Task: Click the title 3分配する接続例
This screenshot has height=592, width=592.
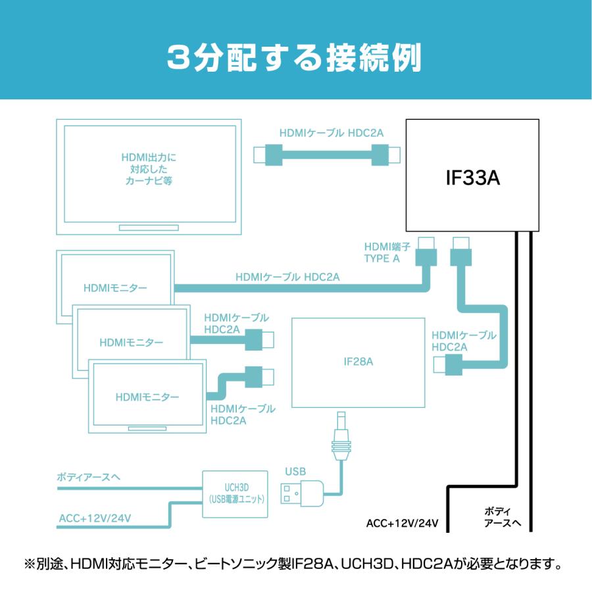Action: click(294, 59)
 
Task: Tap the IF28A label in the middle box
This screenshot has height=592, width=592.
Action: click(358, 361)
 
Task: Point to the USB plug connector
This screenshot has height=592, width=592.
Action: click(302, 493)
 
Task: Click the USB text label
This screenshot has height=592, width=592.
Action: click(295, 471)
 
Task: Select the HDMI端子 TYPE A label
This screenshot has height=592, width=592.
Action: click(386, 253)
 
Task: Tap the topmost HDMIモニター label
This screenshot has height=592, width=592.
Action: click(116, 287)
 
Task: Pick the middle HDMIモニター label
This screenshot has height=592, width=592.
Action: click(132, 342)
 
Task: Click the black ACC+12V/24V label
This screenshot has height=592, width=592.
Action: click(402, 524)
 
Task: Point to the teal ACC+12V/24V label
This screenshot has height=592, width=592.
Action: click(95, 518)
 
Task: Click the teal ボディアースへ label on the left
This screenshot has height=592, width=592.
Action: click(89, 476)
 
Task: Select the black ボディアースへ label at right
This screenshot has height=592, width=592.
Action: click(503, 518)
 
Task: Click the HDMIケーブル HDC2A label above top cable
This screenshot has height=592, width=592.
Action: click(332, 133)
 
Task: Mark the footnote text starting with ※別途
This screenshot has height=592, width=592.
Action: click(295, 564)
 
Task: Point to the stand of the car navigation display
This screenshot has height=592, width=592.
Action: click(149, 228)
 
